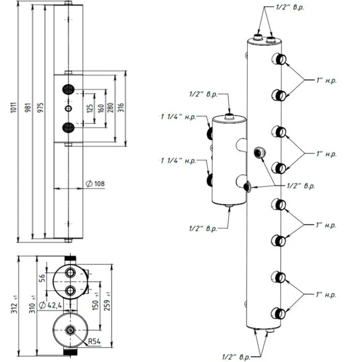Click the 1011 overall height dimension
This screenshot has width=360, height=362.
tap(14, 107)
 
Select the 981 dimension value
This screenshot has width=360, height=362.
tap(28, 108)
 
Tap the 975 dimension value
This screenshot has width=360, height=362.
tap(40, 108)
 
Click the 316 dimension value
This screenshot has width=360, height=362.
tap(121, 108)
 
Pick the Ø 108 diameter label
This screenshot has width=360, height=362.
tap(95, 184)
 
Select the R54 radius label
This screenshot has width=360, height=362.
tap(94, 341)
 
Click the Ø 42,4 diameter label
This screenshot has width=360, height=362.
tap(51, 305)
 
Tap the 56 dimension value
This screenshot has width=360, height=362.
tap(42, 278)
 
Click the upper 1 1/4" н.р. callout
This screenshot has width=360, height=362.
tap(178, 117)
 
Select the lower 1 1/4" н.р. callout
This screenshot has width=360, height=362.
tap(178, 160)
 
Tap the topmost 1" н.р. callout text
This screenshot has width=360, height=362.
tap(326, 80)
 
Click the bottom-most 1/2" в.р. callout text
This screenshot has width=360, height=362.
tap(236, 357)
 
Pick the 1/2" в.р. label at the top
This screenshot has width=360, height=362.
tap(290, 7)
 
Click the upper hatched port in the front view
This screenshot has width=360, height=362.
tap(69, 89)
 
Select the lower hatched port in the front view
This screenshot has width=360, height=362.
tap(69, 128)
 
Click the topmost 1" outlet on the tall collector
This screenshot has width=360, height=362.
tap(279, 59)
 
